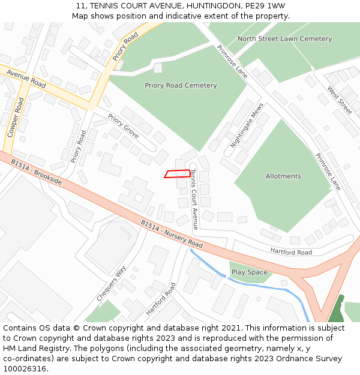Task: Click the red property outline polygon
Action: point(178,174)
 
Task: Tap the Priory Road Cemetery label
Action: point(181,85)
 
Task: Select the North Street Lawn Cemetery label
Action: point(284,39)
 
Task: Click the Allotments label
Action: point(283,176)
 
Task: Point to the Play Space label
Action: point(249,272)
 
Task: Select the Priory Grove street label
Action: point(124,125)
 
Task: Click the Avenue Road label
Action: point(26,77)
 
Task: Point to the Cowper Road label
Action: point(11,118)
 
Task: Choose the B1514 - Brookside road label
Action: point(35,170)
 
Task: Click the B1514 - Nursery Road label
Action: point(172,234)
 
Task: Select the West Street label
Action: point(340,100)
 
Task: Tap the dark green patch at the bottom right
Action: point(337,309)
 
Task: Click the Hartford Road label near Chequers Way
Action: point(161,299)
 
